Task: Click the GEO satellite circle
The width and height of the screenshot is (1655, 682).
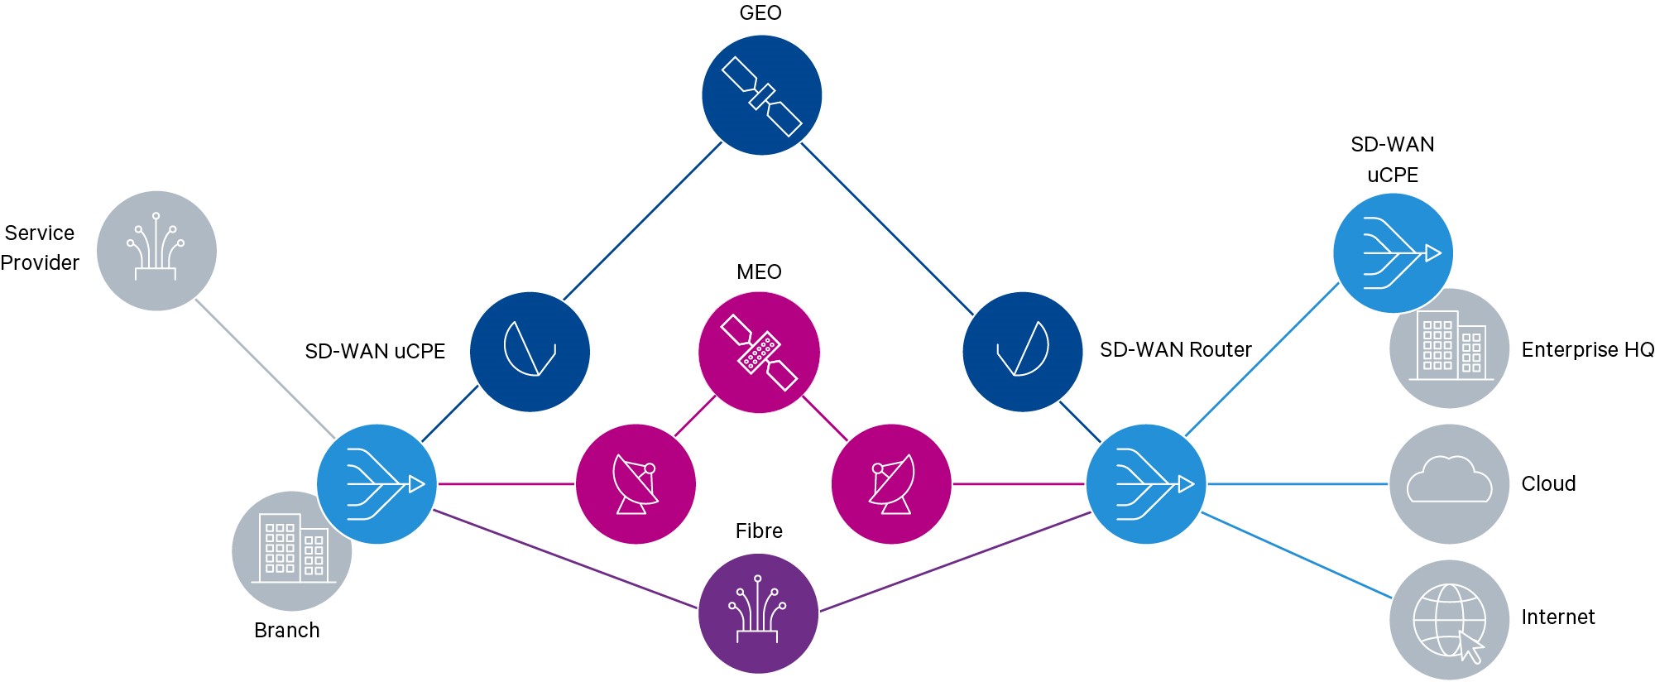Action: (761, 95)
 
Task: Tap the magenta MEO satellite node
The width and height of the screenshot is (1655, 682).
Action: (759, 352)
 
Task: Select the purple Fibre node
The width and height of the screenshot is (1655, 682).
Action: (758, 613)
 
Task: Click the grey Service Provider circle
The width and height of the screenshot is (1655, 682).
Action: (156, 251)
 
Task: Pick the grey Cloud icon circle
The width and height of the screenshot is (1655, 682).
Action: (1449, 484)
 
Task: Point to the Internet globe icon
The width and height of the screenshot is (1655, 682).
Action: (1449, 620)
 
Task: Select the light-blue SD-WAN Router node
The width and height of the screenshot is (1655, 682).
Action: (1146, 484)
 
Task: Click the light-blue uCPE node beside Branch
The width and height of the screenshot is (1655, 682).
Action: (377, 484)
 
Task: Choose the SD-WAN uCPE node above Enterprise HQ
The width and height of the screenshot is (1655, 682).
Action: (1393, 252)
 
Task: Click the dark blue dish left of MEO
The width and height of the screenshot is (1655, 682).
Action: (530, 352)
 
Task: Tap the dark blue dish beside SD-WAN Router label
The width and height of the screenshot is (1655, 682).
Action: (1023, 352)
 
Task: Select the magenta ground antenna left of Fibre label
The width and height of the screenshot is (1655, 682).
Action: (636, 484)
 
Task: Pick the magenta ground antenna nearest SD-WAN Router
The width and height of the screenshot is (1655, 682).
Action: (891, 484)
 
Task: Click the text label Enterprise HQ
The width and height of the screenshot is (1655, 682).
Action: (1587, 350)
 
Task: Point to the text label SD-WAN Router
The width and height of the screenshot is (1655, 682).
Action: (1175, 350)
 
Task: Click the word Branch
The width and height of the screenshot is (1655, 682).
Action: (286, 631)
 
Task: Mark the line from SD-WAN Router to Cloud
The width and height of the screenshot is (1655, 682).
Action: (1298, 484)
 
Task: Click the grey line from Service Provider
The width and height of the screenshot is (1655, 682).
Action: (265, 368)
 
